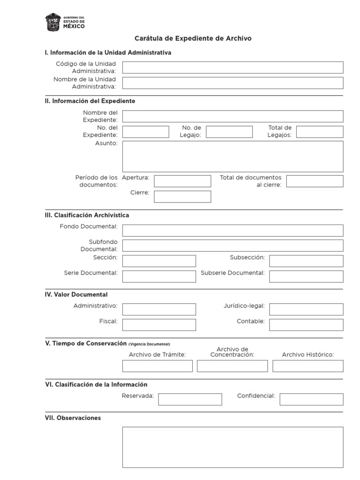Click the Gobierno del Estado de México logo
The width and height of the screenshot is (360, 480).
65,22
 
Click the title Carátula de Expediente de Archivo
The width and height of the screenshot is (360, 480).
193,38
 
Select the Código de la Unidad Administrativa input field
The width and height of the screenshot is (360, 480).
232,67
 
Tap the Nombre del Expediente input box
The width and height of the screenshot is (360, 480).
232,116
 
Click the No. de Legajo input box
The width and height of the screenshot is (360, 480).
229,132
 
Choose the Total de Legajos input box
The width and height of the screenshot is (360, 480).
320,132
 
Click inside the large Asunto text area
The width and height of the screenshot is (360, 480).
232,157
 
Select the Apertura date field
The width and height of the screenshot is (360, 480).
182,181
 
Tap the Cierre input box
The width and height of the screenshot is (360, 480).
182,196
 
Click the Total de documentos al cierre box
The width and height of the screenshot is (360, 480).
315,181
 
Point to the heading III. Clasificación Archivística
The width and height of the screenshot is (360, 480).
87,215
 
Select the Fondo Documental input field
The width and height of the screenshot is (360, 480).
232,230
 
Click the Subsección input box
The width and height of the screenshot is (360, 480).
306,261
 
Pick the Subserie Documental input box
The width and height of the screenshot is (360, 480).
306,277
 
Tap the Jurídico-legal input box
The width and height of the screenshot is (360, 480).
306,309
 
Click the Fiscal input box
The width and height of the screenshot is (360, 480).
159,325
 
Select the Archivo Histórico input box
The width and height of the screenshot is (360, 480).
308,366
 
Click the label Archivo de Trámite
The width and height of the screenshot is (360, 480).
157,355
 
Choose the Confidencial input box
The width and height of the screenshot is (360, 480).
311,399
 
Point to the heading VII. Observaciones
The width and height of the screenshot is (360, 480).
73,418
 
